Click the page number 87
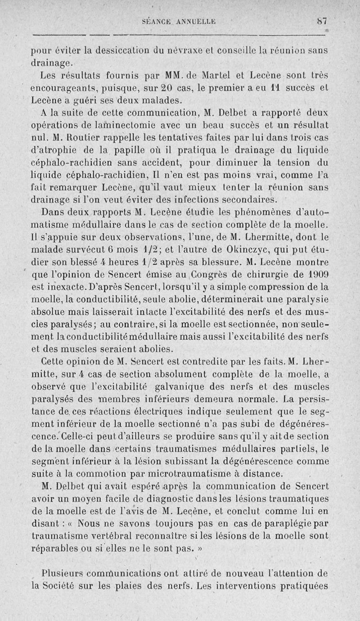(x=320, y=21)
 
